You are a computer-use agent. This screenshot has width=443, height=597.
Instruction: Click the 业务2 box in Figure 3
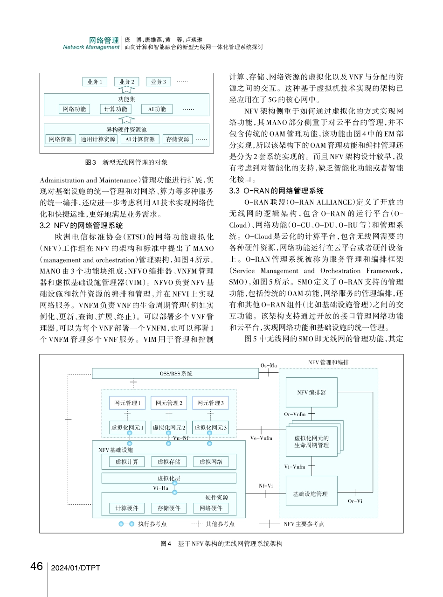[x=126, y=82]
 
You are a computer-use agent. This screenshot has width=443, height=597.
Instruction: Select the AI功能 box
[x=157, y=109]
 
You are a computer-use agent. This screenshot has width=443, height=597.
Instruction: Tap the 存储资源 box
[x=177, y=139]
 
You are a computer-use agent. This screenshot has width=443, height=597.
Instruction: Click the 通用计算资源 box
[x=97, y=139]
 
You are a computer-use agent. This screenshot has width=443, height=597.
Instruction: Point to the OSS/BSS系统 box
[x=175, y=374]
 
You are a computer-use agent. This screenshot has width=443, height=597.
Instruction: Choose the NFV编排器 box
[x=311, y=392]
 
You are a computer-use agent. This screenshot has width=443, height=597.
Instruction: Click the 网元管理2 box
[x=168, y=403]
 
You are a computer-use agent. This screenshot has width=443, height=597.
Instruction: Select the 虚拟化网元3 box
[x=210, y=427]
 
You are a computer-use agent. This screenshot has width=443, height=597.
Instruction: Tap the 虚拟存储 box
[x=168, y=462]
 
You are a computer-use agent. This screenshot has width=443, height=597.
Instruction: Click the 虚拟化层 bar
[x=169, y=478]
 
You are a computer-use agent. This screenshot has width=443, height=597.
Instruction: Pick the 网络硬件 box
[x=210, y=508]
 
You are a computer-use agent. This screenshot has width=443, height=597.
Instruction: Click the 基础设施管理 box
[x=311, y=493]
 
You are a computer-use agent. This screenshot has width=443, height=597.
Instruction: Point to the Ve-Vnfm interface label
[x=261, y=438]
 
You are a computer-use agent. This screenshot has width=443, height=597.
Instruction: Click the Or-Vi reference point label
[x=355, y=501]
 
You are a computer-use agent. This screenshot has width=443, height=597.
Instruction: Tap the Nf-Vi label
[x=265, y=486]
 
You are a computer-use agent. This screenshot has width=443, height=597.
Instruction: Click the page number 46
[x=36, y=567]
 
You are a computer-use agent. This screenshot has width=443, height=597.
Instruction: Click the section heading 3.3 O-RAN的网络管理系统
[x=277, y=191]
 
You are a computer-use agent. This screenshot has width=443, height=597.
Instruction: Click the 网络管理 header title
[x=104, y=40]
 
